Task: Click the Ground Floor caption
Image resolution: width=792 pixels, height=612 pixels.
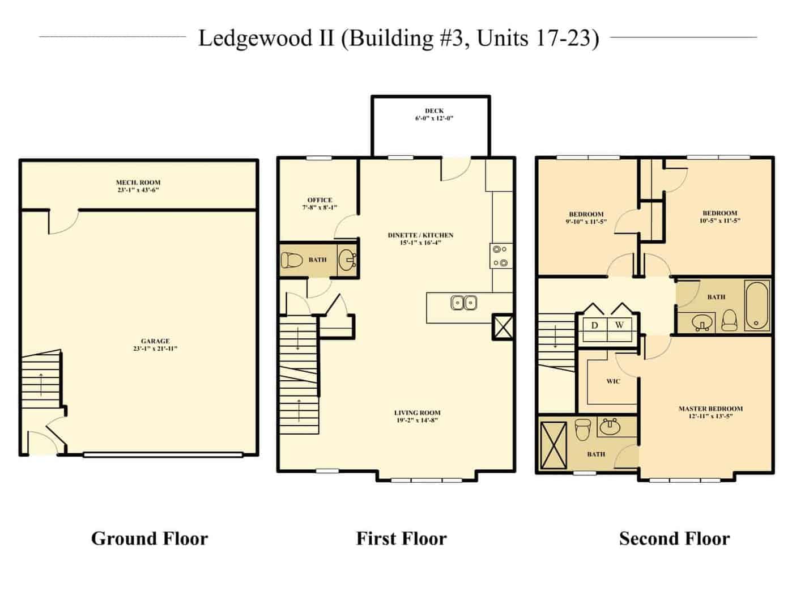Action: pyautogui.click(x=150, y=539)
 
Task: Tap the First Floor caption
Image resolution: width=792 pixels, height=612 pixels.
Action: pyautogui.click(x=401, y=539)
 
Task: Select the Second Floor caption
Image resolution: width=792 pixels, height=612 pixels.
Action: pyautogui.click(x=674, y=539)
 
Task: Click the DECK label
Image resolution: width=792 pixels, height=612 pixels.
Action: pyautogui.click(x=434, y=110)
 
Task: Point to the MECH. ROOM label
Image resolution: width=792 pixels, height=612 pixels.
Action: pyautogui.click(x=138, y=182)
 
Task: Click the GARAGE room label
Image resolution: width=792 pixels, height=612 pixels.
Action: pyautogui.click(x=155, y=341)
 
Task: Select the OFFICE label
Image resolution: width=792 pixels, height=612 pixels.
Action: pyautogui.click(x=320, y=200)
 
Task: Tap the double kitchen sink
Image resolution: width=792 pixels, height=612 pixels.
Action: pyautogui.click(x=464, y=303)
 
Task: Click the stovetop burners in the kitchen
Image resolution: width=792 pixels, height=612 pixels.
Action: pyautogui.click(x=500, y=256)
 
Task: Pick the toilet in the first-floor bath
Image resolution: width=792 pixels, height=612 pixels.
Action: pyautogui.click(x=292, y=261)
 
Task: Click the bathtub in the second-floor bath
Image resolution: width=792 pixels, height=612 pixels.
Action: pyautogui.click(x=757, y=305)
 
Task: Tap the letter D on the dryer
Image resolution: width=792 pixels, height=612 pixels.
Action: pyautogui.click(x=594, y=325)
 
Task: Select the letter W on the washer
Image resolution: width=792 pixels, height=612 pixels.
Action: pyautogui.click(x=619, y=325)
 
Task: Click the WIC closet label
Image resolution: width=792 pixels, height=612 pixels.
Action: pyautogui.click(x=613, y=381)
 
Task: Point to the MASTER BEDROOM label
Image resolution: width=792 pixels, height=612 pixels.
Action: pyautogui.click(x=710, y=409)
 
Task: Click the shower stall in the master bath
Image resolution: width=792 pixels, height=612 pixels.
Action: pyautogui.click(x=553, y=445)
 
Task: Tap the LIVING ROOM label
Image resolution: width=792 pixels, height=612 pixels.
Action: pyautogui.click(x=418, y=413)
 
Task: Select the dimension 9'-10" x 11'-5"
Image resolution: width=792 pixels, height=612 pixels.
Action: pyautogui.click(x=586, y=221)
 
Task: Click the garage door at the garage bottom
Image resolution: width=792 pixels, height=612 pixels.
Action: pyautogui.click(x=163, y=454)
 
